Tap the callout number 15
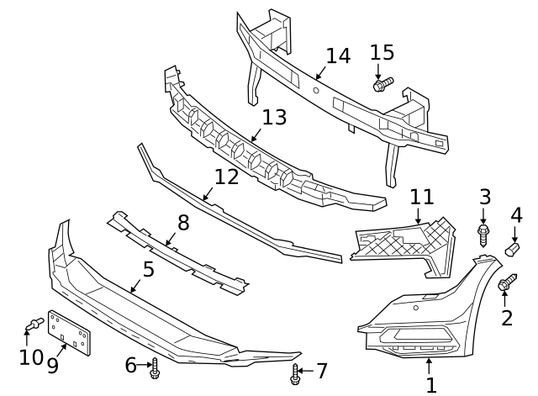coord(382,52)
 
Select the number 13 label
coord(273,116)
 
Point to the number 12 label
coord(226,177)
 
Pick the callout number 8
coord(183,223)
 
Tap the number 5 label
coord(148,270)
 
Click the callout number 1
coord(431,385)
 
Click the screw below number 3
coord(484,230)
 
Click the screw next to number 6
coord(156,366)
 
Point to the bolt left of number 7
coord(296,372)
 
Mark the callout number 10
coord(31,357)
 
